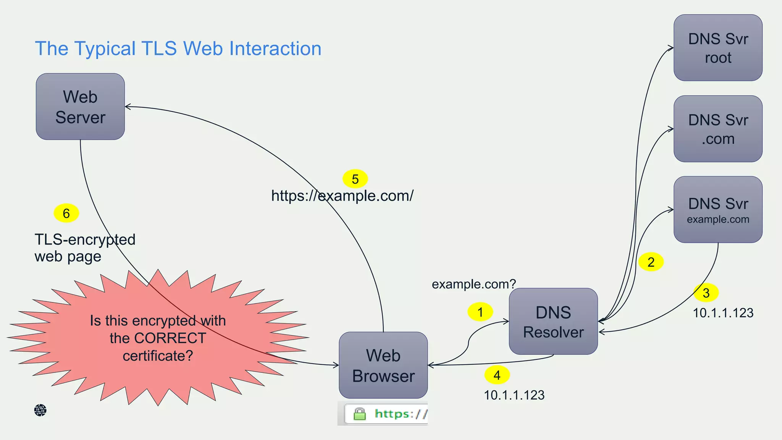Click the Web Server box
80,107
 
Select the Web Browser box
383,365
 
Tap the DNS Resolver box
553,322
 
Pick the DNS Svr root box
718,48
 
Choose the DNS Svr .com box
718,129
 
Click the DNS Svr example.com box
718,209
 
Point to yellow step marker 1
480,312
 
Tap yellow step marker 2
651,262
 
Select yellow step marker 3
706,293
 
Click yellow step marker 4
497,375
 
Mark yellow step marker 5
355,179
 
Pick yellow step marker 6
66,213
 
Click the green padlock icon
359,414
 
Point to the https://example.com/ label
342,196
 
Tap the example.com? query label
473,284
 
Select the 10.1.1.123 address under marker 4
514,395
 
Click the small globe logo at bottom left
40,410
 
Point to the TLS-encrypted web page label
85,248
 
